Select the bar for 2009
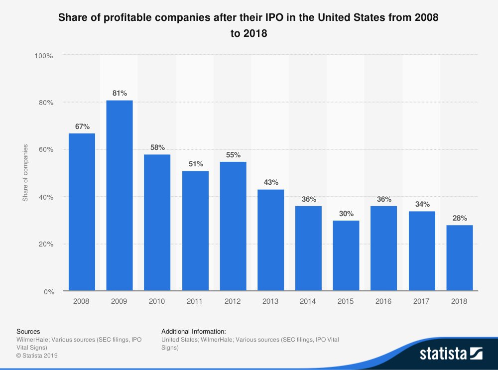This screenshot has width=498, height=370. click(x=120, y=195)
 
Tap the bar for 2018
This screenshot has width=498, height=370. click(x=460, y=258)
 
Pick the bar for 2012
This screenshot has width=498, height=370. click(x=233, y=226)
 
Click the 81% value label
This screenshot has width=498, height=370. click(x=120, y=93)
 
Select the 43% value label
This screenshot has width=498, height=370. click(x=271, y=182)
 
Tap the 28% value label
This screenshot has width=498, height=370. click(x=460, y=218)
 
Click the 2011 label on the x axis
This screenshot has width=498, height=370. click(x=195, y=301)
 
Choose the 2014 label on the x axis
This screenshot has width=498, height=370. click(x=308, y=301)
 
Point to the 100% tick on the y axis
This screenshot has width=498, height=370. click(x=44, y=55)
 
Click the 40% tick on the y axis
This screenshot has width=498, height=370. click(x=45, y=197)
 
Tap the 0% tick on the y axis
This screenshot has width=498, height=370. click(x=47, y=291)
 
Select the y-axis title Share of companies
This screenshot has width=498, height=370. click(x=25, y=173)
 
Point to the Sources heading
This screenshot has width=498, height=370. click(x=28, y=331)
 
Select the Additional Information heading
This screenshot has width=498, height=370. click(x=194, y=331)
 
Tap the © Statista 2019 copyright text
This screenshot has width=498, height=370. click(x=37, y=355)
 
